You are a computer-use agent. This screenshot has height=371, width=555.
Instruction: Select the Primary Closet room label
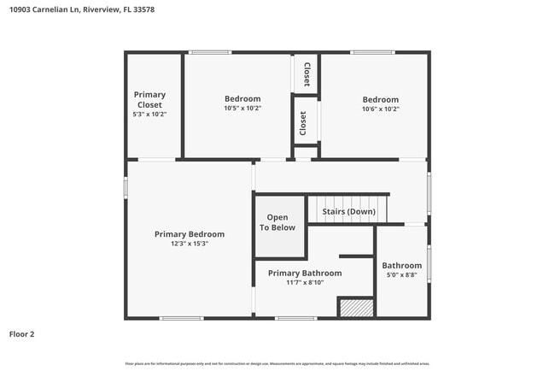149,100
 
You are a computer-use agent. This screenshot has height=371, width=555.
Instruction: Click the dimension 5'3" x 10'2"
149,115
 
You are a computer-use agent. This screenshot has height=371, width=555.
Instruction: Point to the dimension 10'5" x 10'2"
242,109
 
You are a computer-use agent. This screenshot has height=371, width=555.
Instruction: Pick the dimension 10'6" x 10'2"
380,109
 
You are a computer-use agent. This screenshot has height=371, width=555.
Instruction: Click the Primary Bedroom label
190,234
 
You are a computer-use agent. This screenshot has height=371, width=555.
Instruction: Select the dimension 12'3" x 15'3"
190,244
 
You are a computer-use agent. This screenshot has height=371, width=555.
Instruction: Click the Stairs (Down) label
348,211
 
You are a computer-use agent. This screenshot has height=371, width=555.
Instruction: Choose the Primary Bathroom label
305,273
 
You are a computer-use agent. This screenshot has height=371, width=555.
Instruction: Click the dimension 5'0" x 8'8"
401,276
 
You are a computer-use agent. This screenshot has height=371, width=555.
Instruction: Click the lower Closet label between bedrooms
302,123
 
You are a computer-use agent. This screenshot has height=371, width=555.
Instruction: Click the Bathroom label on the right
401,266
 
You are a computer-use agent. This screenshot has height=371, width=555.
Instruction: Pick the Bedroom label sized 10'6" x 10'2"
380,99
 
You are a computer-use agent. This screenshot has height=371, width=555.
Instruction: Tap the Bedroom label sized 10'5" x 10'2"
242,98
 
